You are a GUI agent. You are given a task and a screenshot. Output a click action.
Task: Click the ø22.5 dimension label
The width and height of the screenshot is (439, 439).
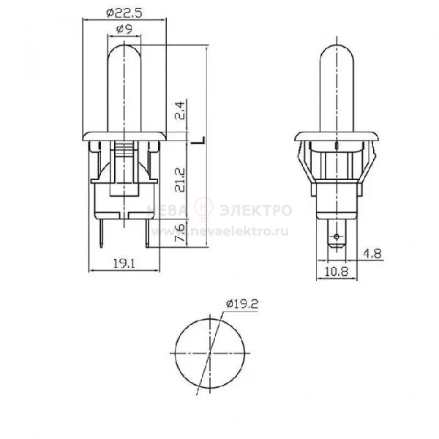pyautogui.click(x=124, y=13)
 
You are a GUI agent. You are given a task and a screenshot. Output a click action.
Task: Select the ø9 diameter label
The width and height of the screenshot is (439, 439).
pyautogui.click(x=124, y=29)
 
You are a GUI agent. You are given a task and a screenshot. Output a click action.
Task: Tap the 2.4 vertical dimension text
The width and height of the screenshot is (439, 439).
pyautogui.click(x=180, y=110)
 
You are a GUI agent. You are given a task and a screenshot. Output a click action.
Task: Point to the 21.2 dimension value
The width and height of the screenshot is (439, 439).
pyautogui.click(x=180, y=180)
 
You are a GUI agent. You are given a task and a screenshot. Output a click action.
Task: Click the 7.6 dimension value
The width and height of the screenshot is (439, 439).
pyautogui.click(x=180, y=233)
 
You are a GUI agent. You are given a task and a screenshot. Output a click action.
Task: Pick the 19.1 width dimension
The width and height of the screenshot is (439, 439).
pyautogui.click(x=124, y=263)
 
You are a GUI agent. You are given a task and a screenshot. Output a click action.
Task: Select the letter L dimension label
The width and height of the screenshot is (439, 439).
pyautogui.click(x=198, y=140)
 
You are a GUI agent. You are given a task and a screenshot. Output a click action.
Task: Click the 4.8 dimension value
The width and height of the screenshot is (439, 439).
pyautogui.click(x=372, y=254)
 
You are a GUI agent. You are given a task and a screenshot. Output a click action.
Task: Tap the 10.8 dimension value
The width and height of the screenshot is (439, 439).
pyautogui.click(x=337, y=271)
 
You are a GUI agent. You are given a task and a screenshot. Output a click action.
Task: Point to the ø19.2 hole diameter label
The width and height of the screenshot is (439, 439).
pyautogui.click(x=242, y=304)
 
